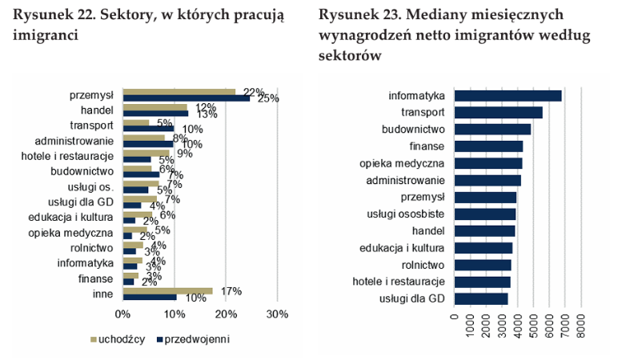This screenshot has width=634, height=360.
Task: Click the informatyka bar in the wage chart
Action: pos(508,96)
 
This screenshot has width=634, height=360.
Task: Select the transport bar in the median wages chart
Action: pos(498,113)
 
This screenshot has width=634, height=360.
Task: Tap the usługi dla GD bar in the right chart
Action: pos(480,298)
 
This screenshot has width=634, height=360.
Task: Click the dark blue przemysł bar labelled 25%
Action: pos(186,98)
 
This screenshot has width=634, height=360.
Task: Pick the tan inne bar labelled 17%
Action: pos(167,290)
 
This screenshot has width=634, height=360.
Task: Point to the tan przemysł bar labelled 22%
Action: pos(179,92)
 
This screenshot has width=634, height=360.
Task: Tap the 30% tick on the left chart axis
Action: pos(276,314)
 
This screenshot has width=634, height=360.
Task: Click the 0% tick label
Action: pos(122,314)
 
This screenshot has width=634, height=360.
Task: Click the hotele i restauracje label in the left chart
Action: pos(68,155)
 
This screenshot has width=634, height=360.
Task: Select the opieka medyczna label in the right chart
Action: pos(400,163)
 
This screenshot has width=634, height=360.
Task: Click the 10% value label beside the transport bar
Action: pos(193,129)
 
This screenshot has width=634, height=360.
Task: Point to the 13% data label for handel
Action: pos(207,114)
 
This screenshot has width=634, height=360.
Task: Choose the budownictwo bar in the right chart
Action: pos(492,130)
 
